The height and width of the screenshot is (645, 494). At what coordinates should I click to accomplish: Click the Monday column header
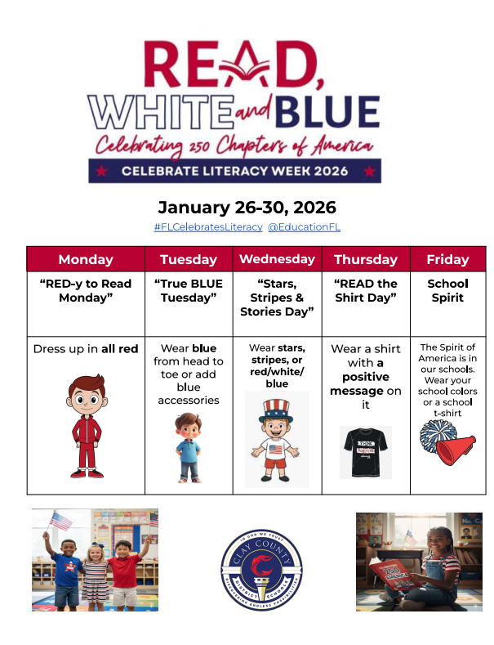pos(86,259)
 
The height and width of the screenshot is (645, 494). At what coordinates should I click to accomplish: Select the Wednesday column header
pos(277,258)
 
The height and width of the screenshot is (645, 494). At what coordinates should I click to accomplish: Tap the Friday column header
pos(447,259)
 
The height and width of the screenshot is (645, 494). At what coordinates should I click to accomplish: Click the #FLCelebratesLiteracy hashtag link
pos(208,226)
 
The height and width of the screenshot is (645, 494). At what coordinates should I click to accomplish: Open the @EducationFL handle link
pos(304,226)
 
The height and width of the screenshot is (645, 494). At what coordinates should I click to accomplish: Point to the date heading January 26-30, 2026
pos(247,207)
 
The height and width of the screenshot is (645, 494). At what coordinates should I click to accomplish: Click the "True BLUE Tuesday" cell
pos(189,291)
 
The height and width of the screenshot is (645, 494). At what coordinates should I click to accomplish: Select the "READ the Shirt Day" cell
pos(365,291)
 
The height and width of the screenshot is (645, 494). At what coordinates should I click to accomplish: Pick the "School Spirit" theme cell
pos(447,291)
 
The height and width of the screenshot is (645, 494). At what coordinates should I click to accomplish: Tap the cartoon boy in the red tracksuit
pos(86,425)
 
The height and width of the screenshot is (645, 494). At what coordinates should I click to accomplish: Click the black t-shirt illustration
pos(365,451)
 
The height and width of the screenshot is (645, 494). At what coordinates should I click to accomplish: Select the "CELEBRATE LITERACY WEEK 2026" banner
pos(235,171)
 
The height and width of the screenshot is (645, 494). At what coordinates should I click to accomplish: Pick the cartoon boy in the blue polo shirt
pos(188,446)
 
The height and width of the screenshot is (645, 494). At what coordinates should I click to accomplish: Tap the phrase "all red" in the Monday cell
pos(119,349)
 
